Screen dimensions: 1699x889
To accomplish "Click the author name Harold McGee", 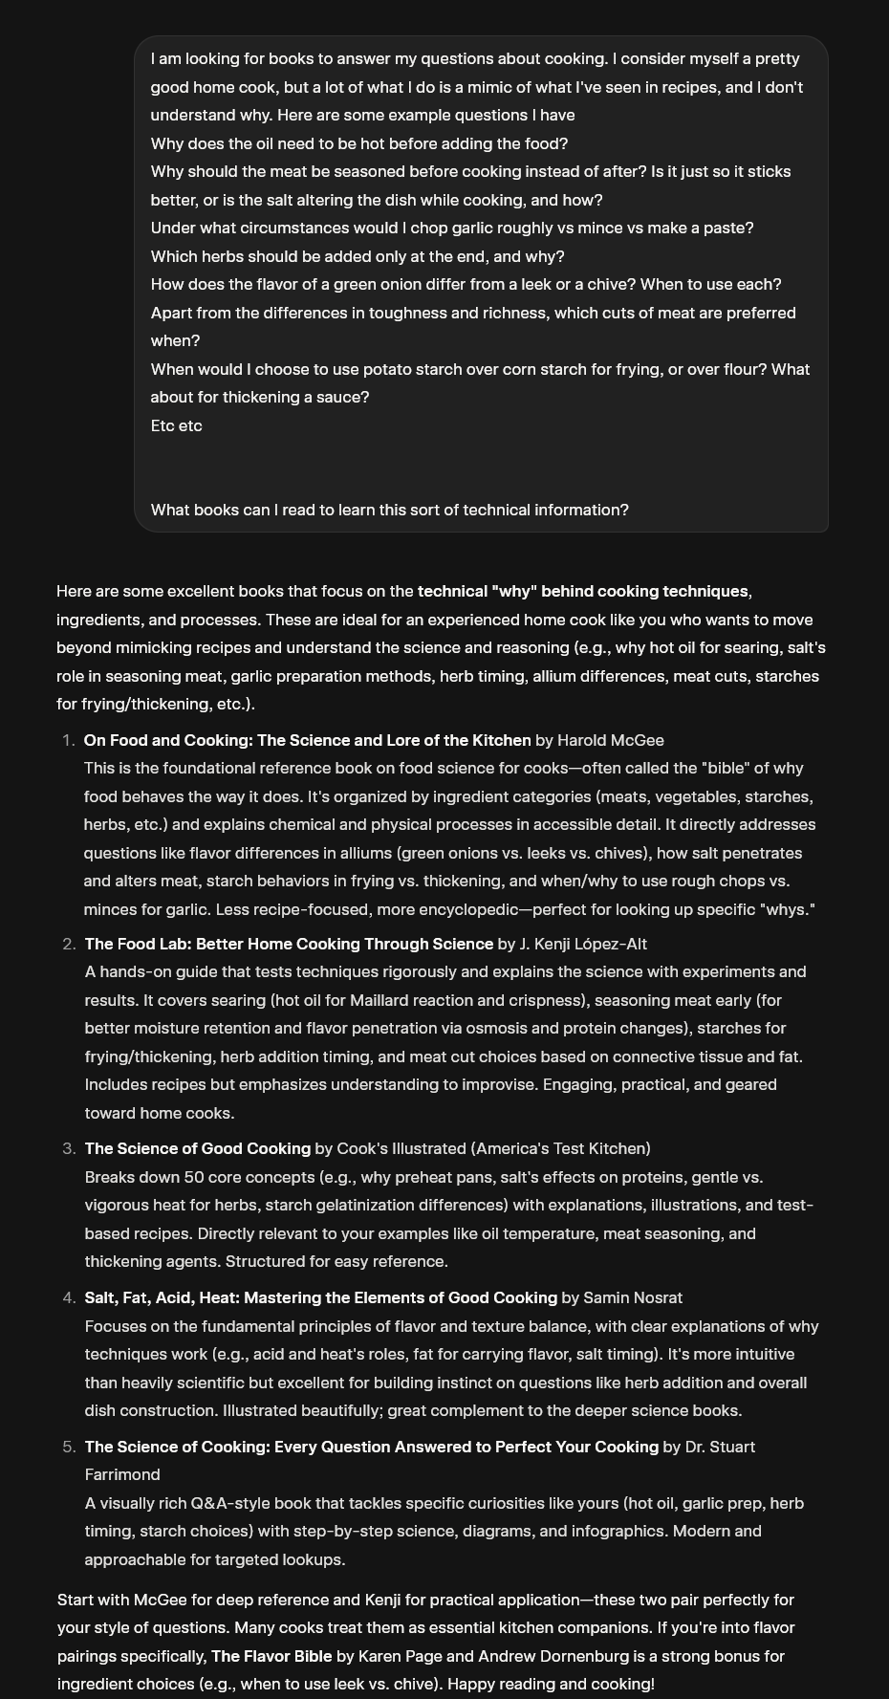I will [x=610, y=740].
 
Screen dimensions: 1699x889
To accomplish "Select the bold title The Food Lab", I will [x=289, y=944].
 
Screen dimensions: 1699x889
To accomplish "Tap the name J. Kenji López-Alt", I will [x=582, y=944].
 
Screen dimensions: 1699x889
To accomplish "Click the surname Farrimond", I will [x=122, y=1474].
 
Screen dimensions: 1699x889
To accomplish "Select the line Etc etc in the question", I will [x=177, y=425].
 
